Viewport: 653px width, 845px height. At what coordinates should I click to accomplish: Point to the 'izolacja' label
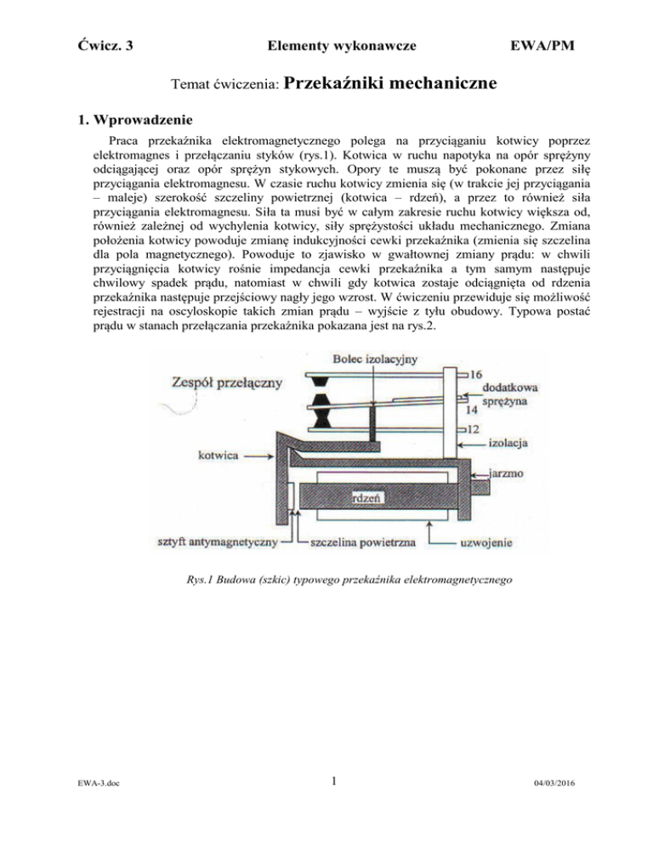pyautogui.click(x=509, y=442)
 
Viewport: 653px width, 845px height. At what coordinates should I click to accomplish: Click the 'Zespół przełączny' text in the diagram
pyautogui.click(x=227, y=383)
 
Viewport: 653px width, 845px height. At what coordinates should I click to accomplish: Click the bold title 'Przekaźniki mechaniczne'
pyautogui.click(x=387, y=83)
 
